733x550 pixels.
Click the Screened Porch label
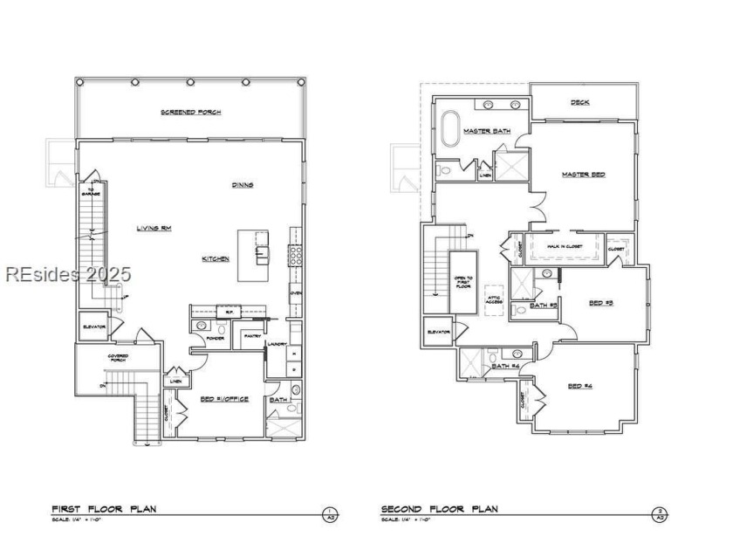(x=190, y=113)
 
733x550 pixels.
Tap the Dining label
(x=242, y=184)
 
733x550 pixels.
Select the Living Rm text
(x=154, y=228)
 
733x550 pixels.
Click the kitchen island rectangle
(x=253, y=255)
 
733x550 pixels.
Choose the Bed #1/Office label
(x=224, y=399)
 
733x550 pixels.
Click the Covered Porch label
(x=119, y=357)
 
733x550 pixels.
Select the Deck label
(x=580, y=102)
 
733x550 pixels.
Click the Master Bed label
(x=583, y=175)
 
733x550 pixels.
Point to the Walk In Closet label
(x=565, y=247)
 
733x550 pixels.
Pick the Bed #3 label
(x=601, y=303)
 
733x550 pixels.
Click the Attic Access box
(x=494, y=299)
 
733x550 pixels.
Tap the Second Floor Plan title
(x=439, y=508)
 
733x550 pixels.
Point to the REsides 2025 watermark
(x=68, y=274)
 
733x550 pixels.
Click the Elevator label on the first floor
(x=94, y=327)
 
